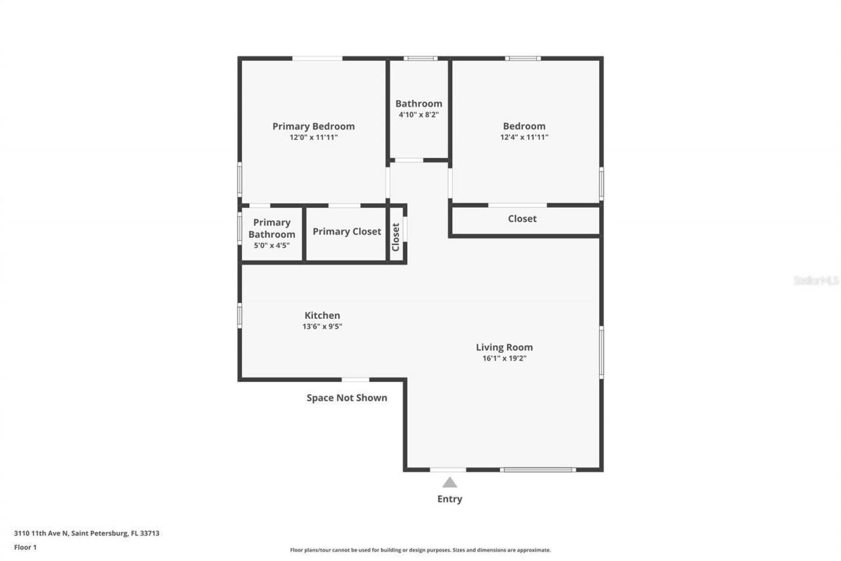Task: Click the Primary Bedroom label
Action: pos(313,126)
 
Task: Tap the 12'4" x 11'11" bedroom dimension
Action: pos(524,137)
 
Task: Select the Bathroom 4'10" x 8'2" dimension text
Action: pos(419,114)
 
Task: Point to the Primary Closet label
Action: pos(346,232)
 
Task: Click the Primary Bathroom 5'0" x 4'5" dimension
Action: pos(271,245)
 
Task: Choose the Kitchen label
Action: pos(322,316)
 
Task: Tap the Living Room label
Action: pos(504,347)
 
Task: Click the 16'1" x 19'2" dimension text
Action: pos(504,358)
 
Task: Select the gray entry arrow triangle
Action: pos(449,483)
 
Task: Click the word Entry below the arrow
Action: pos(449,499)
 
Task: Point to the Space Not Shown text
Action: pos(346,398)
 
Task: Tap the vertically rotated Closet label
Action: pos(396,237)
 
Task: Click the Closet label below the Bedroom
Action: pos(522,219)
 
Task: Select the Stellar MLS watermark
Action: pos(816,280)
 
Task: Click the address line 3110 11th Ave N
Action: pos(87,533)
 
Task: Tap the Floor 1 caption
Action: pos(25,547)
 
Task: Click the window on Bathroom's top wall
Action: pos(420,59)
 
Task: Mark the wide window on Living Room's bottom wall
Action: pos(537,470)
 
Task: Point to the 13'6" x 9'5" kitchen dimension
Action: pos(322,327)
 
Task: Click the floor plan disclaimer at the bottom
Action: pos(420,550)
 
